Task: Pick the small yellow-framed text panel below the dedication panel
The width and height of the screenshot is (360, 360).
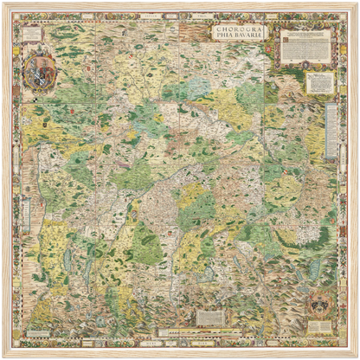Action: click(320, 82)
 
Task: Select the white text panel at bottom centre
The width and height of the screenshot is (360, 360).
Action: click(209, 317)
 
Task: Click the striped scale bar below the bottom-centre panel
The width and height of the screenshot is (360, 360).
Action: click(210, 331)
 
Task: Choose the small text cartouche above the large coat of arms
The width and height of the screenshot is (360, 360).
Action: click(33, 35)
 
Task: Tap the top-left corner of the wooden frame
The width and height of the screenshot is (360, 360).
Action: click(4, 4)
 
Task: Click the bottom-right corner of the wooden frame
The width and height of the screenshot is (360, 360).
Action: click(356, 356)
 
